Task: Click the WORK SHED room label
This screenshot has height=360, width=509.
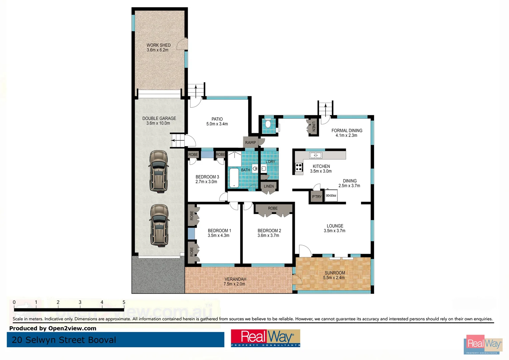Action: pyautogui.click(x=159, y=45)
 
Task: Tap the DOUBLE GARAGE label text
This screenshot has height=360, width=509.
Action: pyautogui.click(x=159, y=118)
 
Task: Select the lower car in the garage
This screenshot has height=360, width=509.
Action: pyautogui.click(x=159, y=225)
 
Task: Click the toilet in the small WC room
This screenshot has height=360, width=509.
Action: pyautogui.click(x=268, y=124)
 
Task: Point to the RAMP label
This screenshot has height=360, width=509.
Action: pyautogui.click(x=251, y=142)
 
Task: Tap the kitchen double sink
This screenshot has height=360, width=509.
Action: pyautogui.click(x=315, y=155)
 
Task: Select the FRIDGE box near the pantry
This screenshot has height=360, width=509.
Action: pyautogui.click(x=331, y=196)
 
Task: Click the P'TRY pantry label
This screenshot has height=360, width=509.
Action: pyautogui.click(x=316, y=197)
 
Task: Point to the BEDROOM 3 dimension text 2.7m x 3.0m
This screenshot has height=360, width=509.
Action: pyautogui.click(x=206, y=182)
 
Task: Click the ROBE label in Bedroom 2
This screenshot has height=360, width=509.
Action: pyautogui.click(x=272, y=208)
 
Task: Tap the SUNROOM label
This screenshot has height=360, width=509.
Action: pyautogui.click(x=335, y=273)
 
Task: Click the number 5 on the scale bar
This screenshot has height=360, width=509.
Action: pyautogui.click(x=124, y=302)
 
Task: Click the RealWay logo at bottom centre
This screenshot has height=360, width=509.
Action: pyautogui.click(x=265, y=338)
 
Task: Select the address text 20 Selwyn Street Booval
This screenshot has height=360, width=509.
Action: pyautogui.click(x=64, y=340)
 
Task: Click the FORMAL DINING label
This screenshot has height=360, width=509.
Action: pyautogui.click(x=347, y=131)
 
